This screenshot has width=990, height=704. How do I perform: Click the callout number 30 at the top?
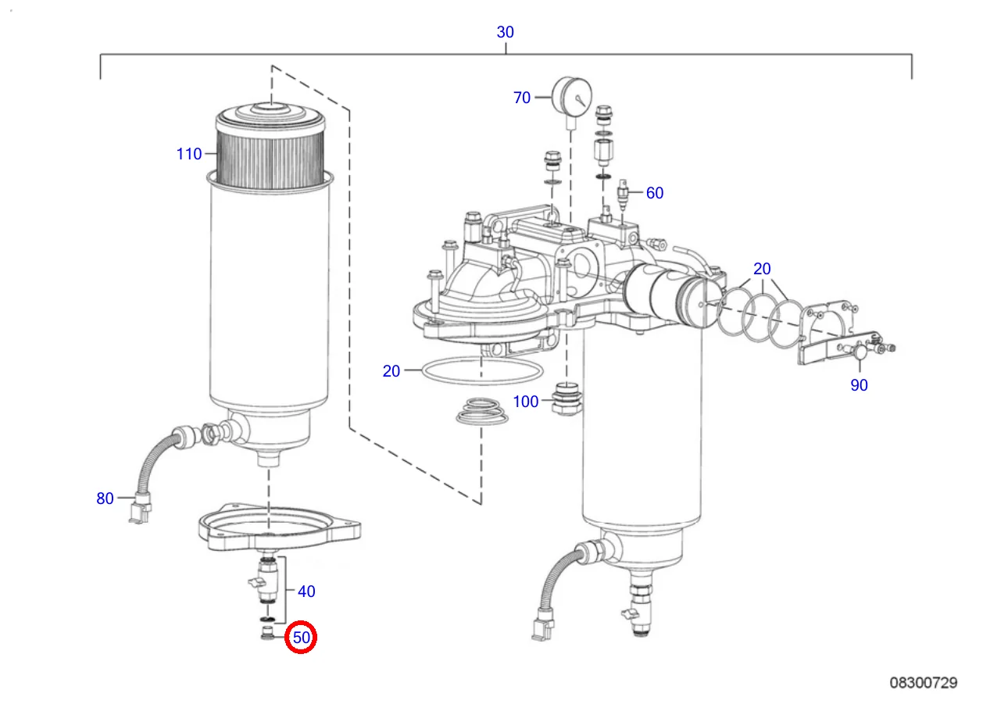pyautogui.click(x=506, y=32)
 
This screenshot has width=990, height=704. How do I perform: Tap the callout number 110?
pyautogui.click(x=189, y=154)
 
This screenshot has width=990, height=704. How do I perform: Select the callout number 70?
pyautogui.click(x=521, y=97)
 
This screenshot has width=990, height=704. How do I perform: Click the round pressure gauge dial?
pyautogui.click(x=572, y=96)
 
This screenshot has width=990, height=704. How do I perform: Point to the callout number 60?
pyautogui.click(x=655, y=193)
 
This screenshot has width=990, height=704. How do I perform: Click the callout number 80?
pyautogui.click(x=105, y=498)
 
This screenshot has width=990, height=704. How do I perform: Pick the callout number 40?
pyautogui.click(x=306, y=591)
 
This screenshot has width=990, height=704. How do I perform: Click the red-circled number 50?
pyautogui.click(x=302, y=638)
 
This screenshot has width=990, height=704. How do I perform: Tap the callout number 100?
pyautogui.click(x=526, y=402)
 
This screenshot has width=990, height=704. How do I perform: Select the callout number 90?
pyautogui.click(x=859, y=385)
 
